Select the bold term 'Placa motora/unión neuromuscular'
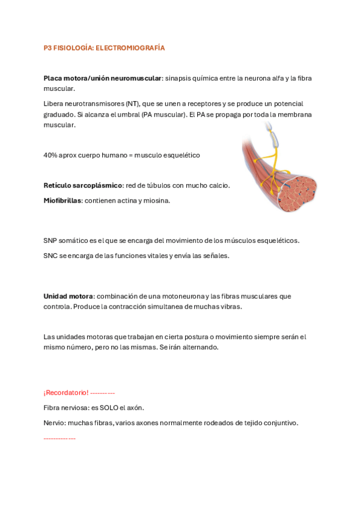coord(102,78)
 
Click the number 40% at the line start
coord(50,155)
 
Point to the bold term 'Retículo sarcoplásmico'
coord(82,185)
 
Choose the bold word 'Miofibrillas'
coord(62,200)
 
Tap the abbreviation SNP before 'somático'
coord(50,241)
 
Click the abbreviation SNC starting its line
coord(50,256)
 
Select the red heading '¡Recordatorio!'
coord(66,393)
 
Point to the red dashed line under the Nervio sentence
coord(59,438)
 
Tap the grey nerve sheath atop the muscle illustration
coord(275,135)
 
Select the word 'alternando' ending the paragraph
coord(202,348)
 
